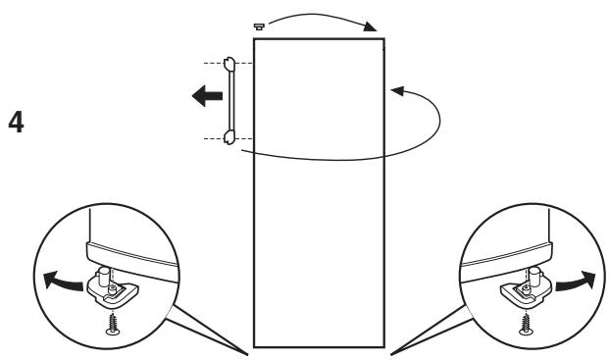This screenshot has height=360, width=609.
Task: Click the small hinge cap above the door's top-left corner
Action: pos(257,28)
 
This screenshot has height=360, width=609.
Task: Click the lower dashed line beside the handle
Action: pos(207,140)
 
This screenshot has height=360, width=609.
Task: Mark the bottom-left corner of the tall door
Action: pos(255,346)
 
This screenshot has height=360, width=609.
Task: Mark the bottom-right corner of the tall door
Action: pos(383,346)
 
